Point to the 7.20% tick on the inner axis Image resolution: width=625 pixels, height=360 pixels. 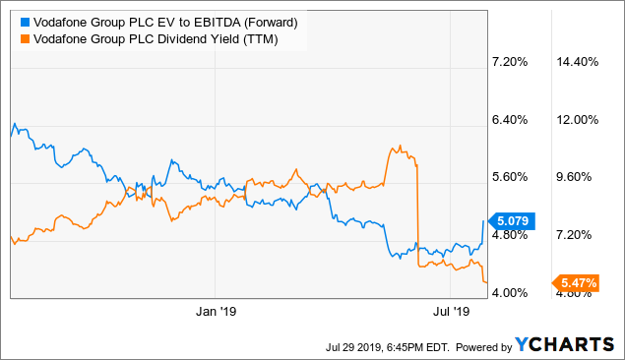click(509, 62)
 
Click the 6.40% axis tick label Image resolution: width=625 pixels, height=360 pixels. click(509, 120)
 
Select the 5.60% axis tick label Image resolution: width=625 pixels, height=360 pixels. click(509, 177)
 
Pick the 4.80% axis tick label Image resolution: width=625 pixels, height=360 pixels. click(509, 235)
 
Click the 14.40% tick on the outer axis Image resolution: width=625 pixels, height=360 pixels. click(579, 62)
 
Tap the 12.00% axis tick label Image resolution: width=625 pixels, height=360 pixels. click(579, 120)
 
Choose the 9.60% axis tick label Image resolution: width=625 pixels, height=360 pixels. click(579, 177)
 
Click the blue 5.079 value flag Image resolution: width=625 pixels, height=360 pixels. click(512, 221)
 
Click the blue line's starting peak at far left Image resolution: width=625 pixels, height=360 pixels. click(13, 125)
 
